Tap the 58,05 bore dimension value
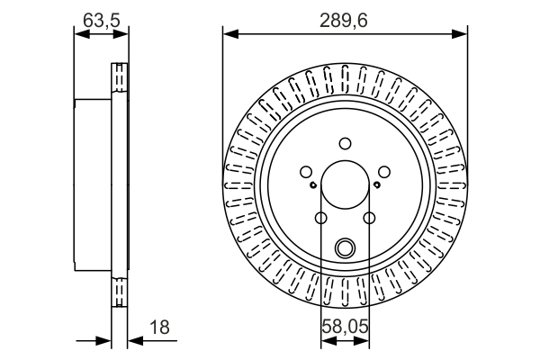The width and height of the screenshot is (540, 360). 345,328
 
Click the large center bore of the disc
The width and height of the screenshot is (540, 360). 345,184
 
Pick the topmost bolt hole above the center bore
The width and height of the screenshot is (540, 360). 345,143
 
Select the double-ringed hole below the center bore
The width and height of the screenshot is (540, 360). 345,247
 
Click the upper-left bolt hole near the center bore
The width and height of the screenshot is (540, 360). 306,171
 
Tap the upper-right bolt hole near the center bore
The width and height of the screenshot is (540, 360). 383,171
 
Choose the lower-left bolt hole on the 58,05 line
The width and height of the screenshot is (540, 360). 321,217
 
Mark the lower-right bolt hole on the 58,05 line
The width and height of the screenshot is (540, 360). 369,217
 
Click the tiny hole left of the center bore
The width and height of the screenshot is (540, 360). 311,186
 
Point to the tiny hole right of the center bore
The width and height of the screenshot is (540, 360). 378,186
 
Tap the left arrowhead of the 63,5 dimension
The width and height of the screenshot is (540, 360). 78,34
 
